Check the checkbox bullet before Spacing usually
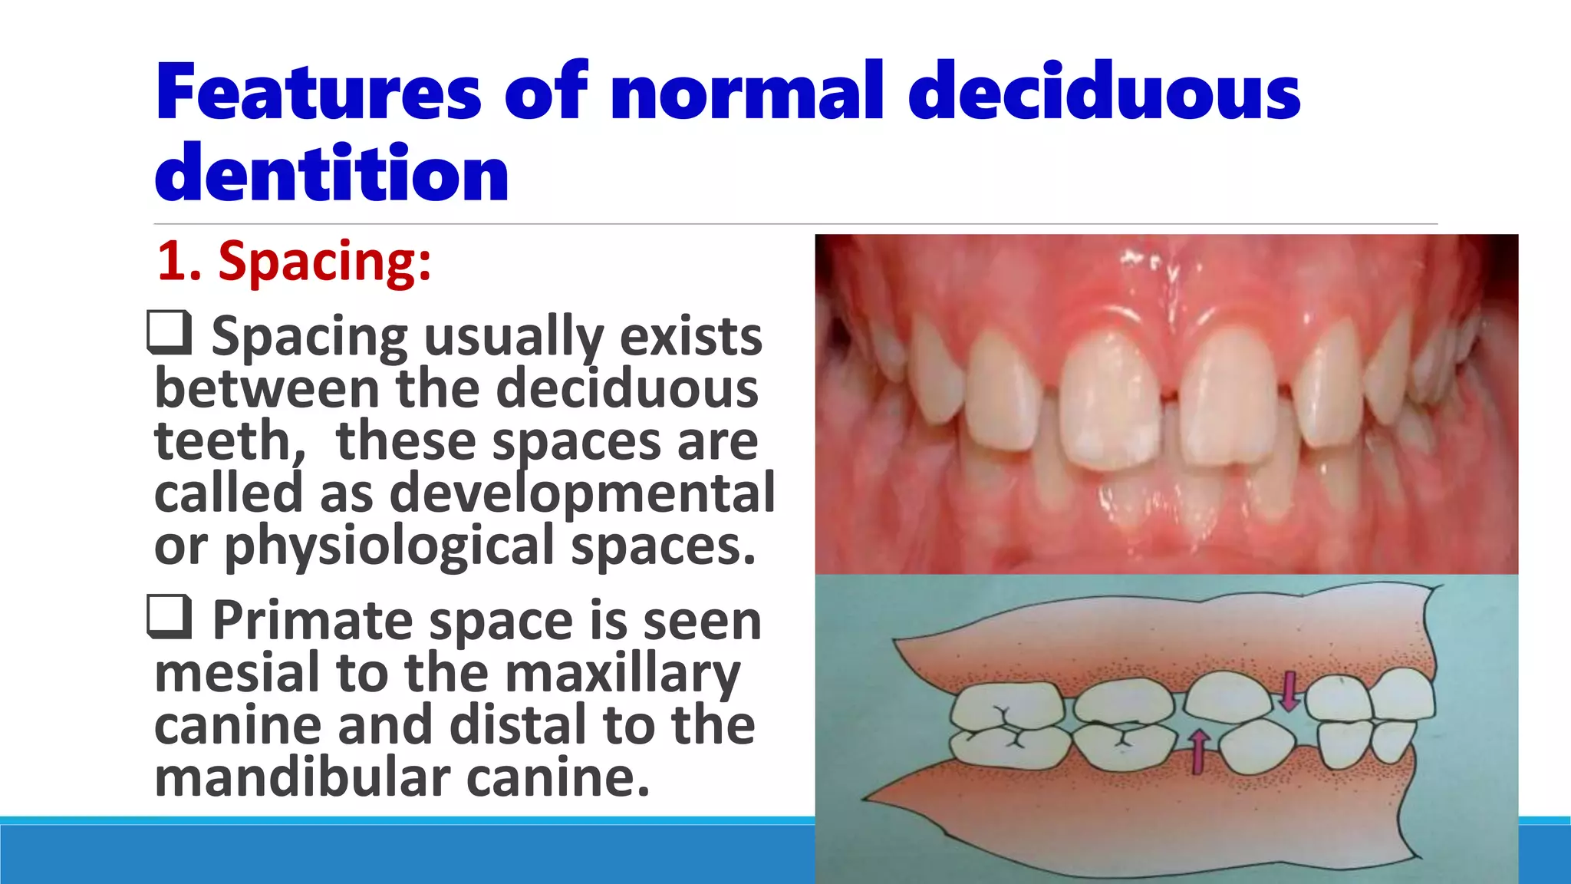pyautogui.click(x=169, y=332)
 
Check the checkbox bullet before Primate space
pyautogui.click(x=169, y=617)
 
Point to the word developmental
pyautogui.click(x=583, y=493)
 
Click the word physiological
pyautogui.click(x=390, y=546)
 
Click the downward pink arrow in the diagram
pyautogui.click(x=1289, y=690)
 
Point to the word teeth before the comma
pyautogui.click(x=222, y=441)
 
